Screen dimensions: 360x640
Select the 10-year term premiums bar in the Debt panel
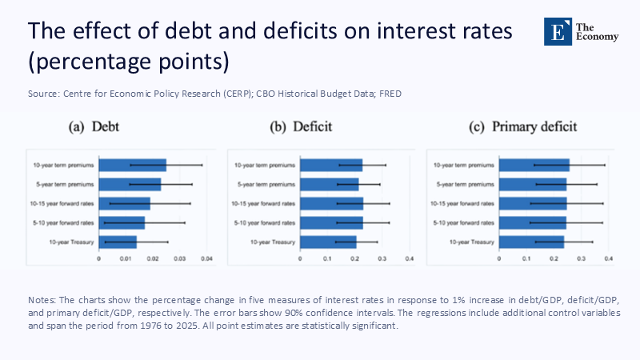[x=132, y=166]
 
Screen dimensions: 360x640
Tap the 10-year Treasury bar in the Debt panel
[x=118, y=242]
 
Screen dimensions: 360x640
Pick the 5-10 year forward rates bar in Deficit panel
[x=331, y=222]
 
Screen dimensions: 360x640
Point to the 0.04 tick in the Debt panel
[x=206, y=259]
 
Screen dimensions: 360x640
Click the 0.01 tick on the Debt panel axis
[x=126, y=259]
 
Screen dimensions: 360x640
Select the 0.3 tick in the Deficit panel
[x=382, y=259]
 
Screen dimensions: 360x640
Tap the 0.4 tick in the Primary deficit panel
[x=609, y=259]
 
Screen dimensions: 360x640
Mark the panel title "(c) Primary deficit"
[x=523, y=127]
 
